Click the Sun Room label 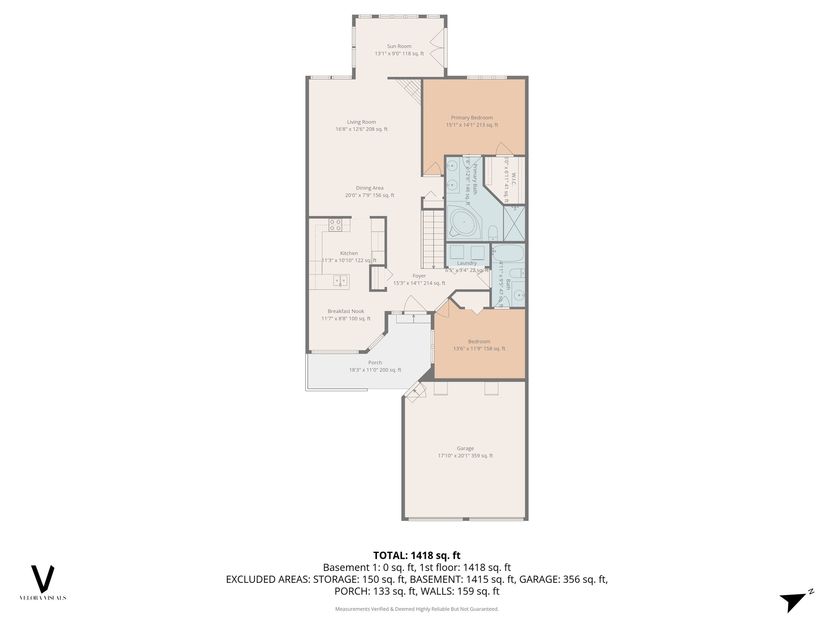pyautogui.click(x=399, y=46)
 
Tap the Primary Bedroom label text pyautogui.click(x=472, y=118)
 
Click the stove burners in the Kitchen pyautogui.click(x=335, y=225)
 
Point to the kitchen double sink pyautogui.click(x=341, y=280)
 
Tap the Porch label pyautogui.click(x=375, y=363)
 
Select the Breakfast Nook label pyautogui.click(x=346, y=311)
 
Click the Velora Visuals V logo pyautogui.click(x=43, y=579)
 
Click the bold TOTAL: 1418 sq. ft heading pyautogui.click(x=417, y=555)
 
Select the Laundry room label pyautogui.click(x=467, y=263)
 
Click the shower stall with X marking pyautogui.click(x=514, y=224)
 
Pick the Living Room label pyautogui.click(x=361, y=122)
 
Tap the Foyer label pyautogui.click(x=419, y=276)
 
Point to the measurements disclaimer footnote pyautogui.click(x=417, y=609)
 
